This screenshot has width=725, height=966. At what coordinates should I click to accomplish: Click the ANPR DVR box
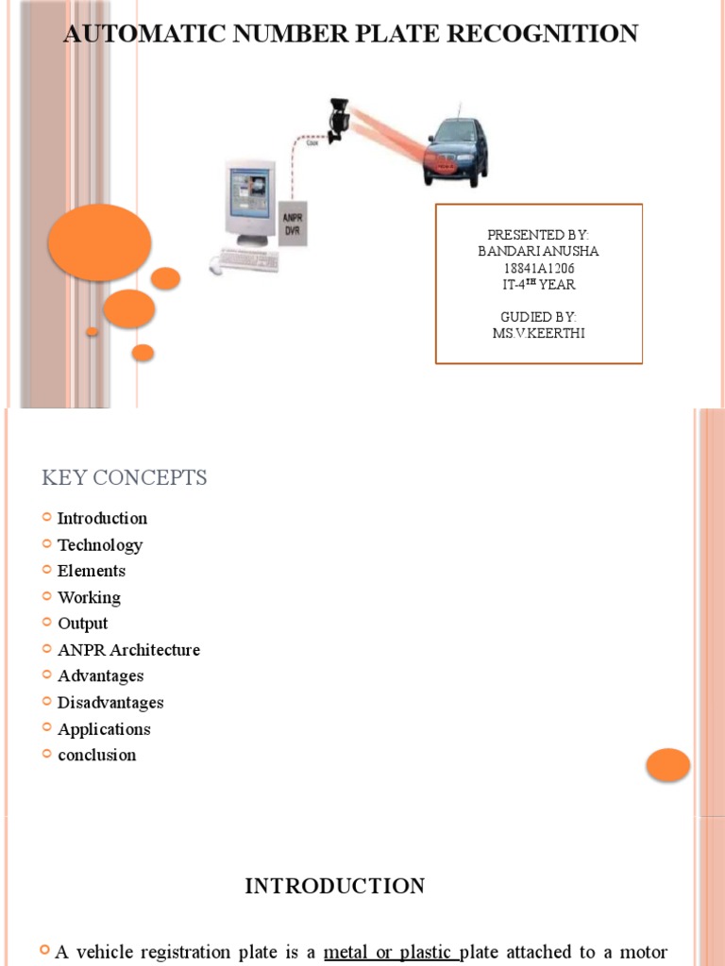pos(294,223)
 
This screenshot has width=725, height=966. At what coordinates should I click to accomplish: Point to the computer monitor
pos(248,203)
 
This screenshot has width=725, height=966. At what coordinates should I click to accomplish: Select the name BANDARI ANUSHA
pos(538,250)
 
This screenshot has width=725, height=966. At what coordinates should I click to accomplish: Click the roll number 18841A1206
pos(538,267)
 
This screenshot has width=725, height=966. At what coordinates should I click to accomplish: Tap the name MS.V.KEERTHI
pos(538,333)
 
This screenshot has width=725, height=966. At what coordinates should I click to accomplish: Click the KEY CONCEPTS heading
pos(124,478)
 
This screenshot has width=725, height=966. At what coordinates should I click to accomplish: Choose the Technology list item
pos(100,545)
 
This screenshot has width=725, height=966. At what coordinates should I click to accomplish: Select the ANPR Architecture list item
pos(128,650)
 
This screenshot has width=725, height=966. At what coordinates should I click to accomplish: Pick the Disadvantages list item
pos(110,703)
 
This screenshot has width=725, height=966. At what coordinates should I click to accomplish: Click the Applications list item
pos(104,729)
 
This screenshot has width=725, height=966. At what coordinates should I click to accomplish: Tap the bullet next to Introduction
pos(47,518)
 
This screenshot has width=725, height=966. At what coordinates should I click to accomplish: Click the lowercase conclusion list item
pos(96,755)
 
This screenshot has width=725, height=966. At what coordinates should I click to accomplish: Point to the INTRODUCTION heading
pos(335,887)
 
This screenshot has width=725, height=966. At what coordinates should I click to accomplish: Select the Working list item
pos(89,597)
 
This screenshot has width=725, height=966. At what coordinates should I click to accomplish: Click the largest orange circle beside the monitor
pos(99,241)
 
